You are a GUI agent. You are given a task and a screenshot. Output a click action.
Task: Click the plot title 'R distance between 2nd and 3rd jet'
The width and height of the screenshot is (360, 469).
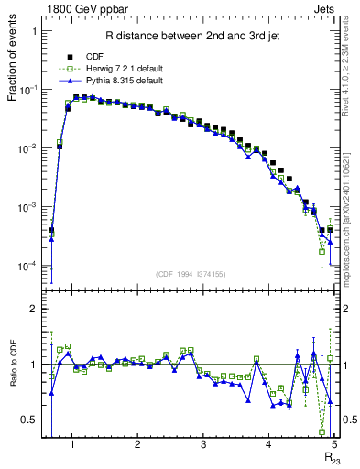click(x=190, y=37)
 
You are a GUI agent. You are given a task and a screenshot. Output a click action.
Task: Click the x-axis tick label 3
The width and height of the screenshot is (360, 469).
click(x=202, y=445)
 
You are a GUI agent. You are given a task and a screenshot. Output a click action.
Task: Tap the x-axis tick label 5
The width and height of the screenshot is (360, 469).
click(x=334, y=445)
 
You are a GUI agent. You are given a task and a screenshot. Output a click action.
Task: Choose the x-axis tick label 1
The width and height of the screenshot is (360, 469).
click(x=71, y=445)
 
